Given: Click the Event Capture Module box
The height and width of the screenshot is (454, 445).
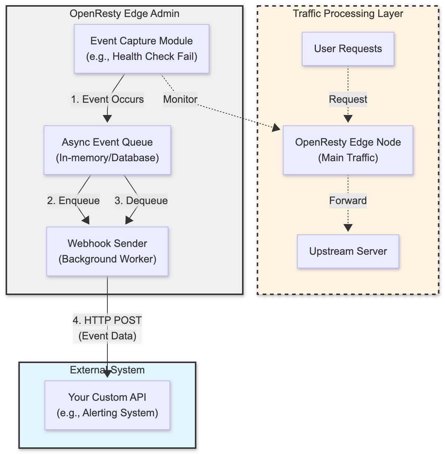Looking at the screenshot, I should [x=141, y=49].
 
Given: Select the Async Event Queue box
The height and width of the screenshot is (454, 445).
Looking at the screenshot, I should [x=107, y=150].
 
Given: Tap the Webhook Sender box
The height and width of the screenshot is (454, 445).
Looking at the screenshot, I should [x=107, y=251].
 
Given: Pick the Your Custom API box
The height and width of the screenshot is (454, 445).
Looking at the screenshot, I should [x=107, y=405].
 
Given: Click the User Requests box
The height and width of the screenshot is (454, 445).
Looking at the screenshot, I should [x=348, y=49].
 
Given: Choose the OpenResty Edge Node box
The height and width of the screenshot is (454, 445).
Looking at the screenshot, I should [x=348, y=150].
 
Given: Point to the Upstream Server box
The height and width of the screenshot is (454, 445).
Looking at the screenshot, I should [x=348, y=251].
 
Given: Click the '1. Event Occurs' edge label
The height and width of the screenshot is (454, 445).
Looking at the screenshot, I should [x=107, y=99].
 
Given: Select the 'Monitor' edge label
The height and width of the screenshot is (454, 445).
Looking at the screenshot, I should [x=180, y=99].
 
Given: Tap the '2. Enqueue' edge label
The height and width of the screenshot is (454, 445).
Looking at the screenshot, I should [x=73, y=201].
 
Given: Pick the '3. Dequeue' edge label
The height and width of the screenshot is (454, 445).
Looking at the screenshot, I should [x=141, y=201].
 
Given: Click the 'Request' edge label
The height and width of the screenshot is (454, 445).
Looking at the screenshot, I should [x=348, y=99].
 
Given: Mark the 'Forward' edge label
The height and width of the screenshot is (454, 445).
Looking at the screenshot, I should [x=348, y=201].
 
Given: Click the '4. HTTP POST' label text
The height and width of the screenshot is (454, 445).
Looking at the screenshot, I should [x=107, y=321].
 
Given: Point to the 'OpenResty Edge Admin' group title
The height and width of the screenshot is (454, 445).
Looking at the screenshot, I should [x=124, y=14].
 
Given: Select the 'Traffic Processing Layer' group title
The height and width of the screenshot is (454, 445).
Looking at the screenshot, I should [x=348, y=14].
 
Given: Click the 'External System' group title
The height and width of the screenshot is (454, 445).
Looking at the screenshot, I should [x=107, y=370].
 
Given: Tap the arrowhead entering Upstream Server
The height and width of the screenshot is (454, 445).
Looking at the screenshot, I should [x=348, y=228].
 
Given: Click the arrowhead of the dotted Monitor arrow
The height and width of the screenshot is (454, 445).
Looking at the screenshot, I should [x=276, y=128].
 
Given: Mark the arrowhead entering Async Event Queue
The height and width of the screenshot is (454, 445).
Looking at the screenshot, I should [x=107, y=119].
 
